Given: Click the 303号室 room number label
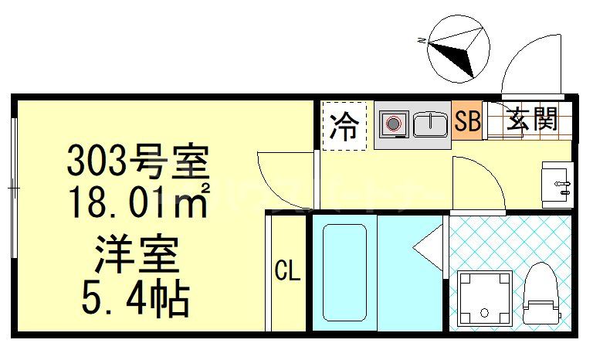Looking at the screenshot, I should (138, 161).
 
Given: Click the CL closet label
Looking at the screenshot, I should (287, 271).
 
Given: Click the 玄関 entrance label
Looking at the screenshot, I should (532, 120).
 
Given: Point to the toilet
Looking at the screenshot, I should (540, 294).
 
